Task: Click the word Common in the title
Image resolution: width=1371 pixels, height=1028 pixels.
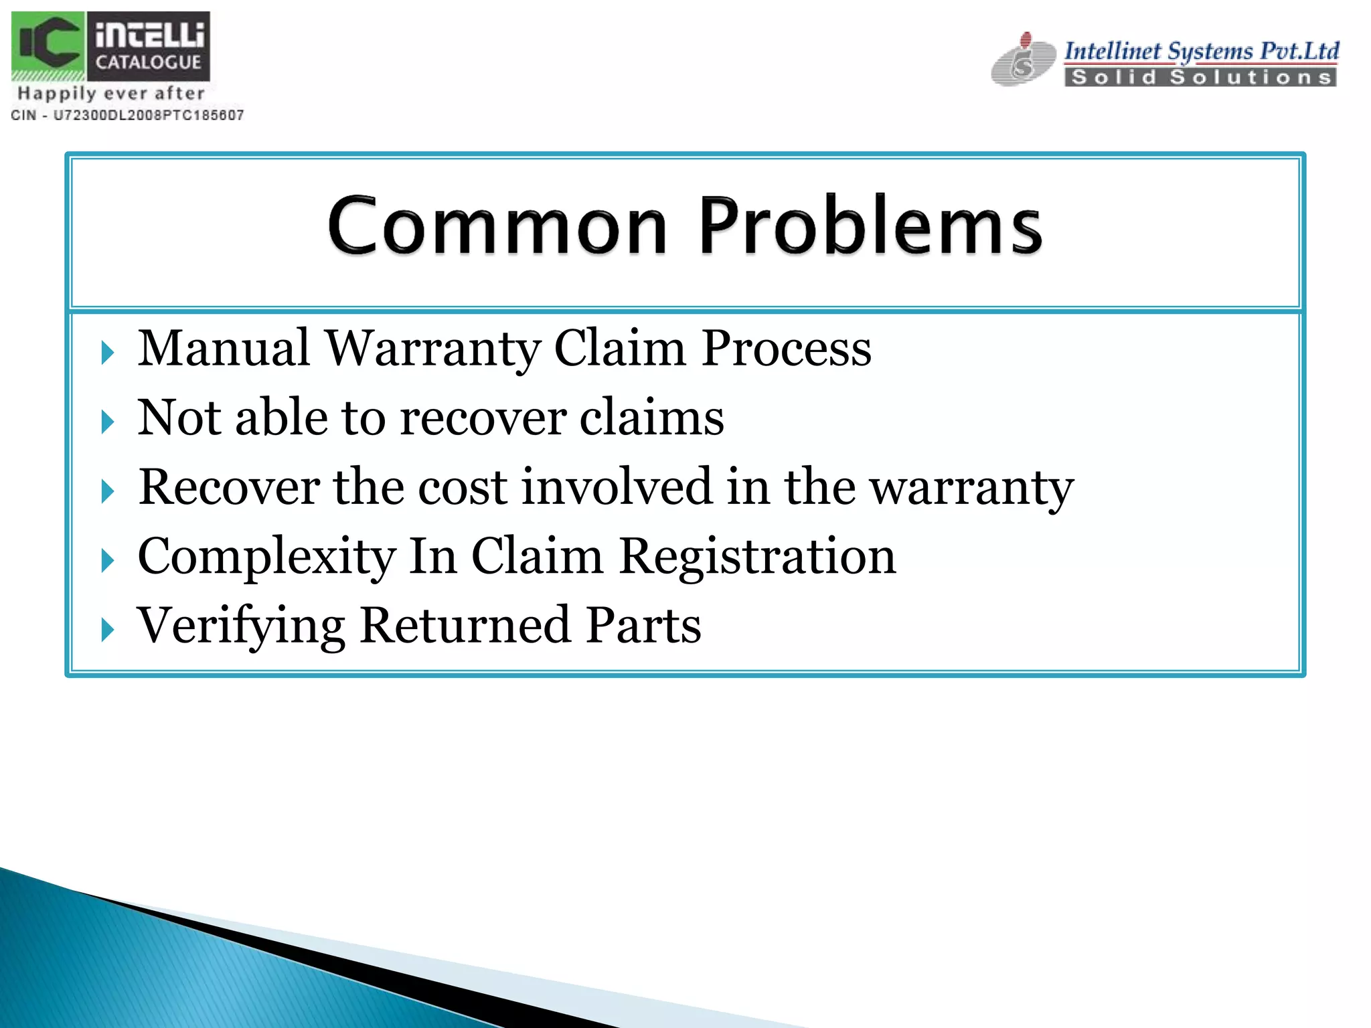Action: pos(497,226)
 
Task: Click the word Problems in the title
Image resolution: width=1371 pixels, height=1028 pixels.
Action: pos(870,226)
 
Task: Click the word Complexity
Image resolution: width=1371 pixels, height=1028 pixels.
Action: pos(266,557)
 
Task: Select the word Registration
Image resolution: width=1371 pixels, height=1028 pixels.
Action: pos(757,557)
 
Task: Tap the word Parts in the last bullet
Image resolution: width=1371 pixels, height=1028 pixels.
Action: pos(643,626)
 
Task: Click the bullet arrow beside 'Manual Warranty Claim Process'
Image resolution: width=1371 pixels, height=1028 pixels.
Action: pos(108,353)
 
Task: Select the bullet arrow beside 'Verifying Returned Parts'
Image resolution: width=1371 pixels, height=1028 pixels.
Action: pos(108,630)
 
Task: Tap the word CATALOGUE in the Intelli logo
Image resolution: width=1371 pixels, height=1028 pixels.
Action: pos(148,63)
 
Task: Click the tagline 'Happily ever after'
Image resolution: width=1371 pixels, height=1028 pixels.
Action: pos(111,94)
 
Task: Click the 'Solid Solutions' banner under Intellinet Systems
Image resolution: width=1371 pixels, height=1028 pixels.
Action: pos(1200,78)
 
